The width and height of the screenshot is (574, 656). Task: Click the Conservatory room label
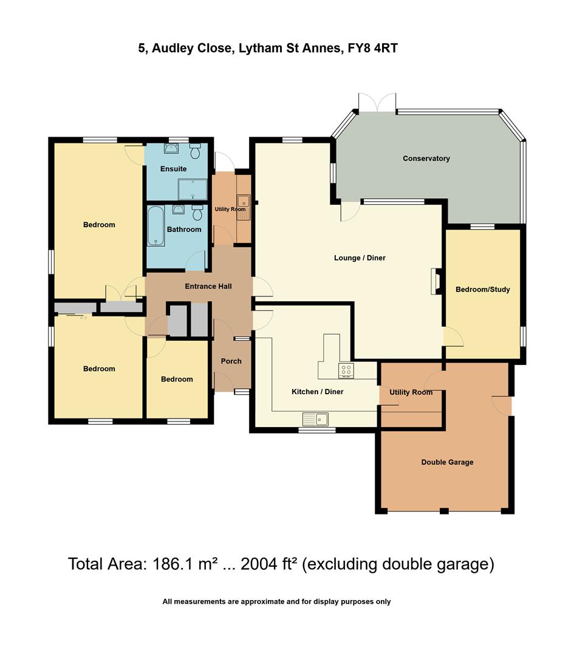[x=426, y=159]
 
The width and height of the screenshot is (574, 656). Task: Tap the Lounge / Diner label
[x=360, y=258]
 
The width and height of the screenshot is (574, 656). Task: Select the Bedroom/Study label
[x=482, y=290]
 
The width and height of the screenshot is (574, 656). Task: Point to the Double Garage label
[x=447, y=462]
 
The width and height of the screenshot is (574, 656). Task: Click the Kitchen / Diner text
[x=317, y=392]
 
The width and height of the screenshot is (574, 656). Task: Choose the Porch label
[x=231, y=361]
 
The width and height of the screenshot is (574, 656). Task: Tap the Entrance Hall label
[x=208, y=286]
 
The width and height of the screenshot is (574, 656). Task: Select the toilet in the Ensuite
[x=195, y=150]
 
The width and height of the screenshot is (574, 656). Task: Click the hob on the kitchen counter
[x=346, y=371]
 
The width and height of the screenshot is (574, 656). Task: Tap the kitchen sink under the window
[x=315, y=419]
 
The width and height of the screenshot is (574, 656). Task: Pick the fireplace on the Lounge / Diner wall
[x=435, y=282]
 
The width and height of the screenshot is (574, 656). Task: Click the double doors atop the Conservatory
[x=377, y=103]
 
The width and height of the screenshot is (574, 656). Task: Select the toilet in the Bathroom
[x=197, y=213]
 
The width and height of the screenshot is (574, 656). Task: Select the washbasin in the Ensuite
[x=171, y=149]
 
